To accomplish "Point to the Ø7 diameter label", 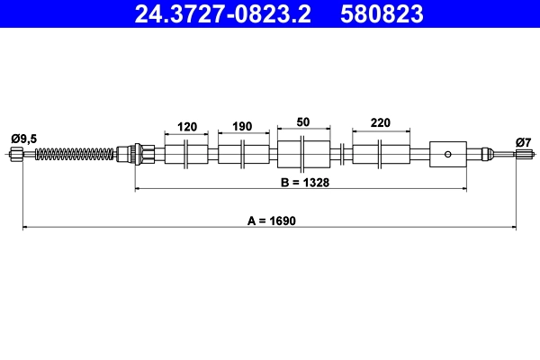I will coord(523,141).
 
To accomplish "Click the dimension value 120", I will coord(186,127).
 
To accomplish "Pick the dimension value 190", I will coord(243,127).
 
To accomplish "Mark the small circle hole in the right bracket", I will coord(448,154).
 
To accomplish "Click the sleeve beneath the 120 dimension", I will coord(186,154).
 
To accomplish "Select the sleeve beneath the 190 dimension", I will coord(243,154).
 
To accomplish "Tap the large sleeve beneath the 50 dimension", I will coord(302,154).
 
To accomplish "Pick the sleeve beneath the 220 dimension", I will coord(379,154).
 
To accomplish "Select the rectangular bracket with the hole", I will coord(448,154).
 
